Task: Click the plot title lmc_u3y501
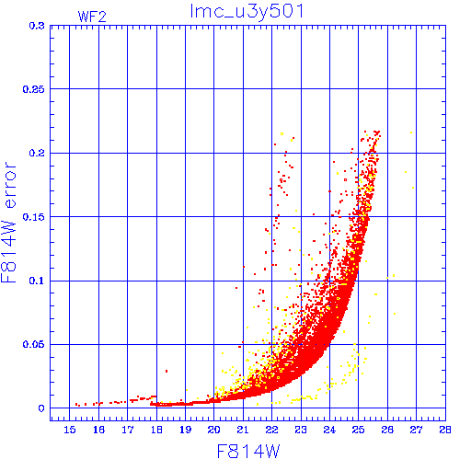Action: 247,12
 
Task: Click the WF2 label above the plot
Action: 92,17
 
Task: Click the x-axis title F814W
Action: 248,452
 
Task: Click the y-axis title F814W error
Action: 8,222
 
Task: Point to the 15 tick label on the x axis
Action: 70,430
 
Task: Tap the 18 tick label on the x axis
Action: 156,430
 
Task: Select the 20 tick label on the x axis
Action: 214,430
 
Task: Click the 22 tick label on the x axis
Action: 271,430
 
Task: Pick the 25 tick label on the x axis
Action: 359,430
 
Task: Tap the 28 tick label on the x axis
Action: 445,430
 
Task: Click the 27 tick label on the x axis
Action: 416,430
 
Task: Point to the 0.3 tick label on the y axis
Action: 37,26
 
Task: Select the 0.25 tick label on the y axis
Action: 34,89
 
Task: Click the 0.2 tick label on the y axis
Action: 37,153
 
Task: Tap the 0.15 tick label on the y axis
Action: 34,217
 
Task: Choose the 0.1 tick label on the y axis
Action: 37,281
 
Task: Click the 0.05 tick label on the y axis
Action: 34,344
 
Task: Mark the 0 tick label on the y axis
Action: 41,408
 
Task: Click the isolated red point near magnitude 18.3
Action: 167,372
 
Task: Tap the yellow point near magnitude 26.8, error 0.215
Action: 411,132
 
